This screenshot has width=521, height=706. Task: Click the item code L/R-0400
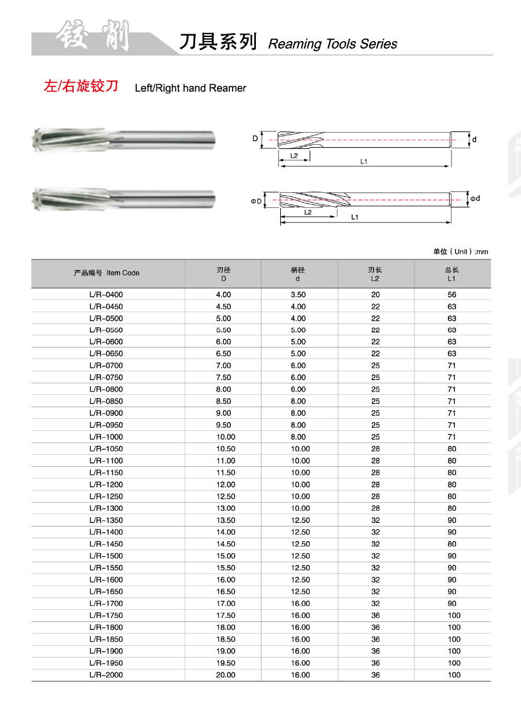[x=107, y=295]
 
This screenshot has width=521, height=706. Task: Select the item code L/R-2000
[x=107, y=675]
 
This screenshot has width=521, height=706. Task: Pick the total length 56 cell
[x=452, y=295]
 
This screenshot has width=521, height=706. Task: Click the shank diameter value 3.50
[x=298, y=295]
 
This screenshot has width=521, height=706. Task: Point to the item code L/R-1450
[x=107, y=544]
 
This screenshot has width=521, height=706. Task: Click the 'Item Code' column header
[x=107, y=273]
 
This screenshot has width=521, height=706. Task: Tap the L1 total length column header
[x=452, y=274]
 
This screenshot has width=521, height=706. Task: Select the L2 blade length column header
[x=375, y=274]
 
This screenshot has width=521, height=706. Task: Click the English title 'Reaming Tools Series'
[x=333, y=44]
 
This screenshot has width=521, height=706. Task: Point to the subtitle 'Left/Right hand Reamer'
[x=190, y=89]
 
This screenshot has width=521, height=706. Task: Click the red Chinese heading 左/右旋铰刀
[x=81, y=87]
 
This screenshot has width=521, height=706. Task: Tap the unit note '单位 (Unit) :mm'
[x=460, y=251]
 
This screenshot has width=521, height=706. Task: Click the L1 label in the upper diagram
[x=364, y=162]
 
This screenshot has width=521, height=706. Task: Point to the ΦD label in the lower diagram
[x=256, y=201]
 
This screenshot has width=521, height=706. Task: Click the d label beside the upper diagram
[x=474, y=140]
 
